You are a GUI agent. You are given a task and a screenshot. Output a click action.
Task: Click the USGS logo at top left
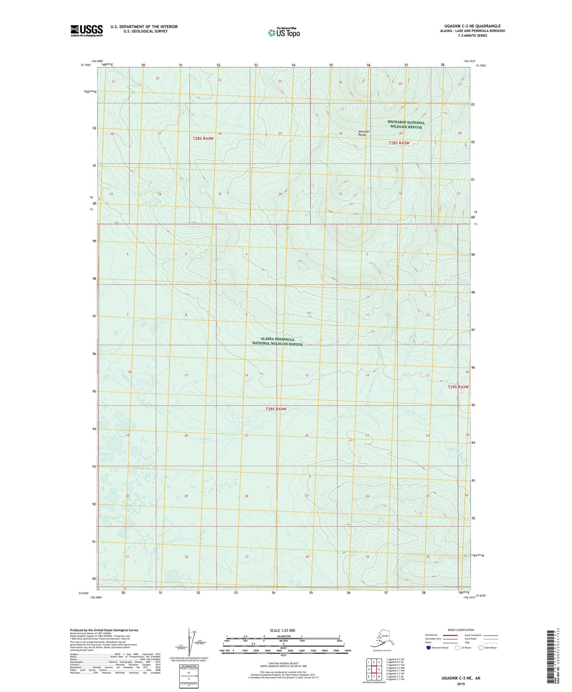[87, 31]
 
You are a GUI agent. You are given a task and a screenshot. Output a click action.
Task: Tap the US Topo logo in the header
[284, 32]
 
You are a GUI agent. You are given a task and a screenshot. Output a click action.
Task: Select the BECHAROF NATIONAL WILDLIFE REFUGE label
[406, 124]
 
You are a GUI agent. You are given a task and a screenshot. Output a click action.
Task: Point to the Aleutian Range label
[364, 133]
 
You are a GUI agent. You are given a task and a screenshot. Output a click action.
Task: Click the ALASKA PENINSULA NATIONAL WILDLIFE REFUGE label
[277, 341]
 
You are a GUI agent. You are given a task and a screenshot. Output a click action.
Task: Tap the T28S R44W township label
[203, 139]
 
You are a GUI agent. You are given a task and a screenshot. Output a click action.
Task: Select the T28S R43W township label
[398, 143]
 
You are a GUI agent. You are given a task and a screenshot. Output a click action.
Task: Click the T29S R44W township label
[275, 409]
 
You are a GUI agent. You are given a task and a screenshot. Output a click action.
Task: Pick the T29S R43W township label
[458, 387]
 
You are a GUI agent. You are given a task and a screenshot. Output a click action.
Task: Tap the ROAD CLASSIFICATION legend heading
[461, 630]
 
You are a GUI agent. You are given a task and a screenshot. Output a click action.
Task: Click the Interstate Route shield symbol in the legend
[429, 647]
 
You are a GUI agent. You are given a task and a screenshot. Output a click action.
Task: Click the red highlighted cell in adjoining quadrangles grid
[374, 669]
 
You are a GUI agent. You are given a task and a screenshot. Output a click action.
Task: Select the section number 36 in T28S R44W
[280, 194]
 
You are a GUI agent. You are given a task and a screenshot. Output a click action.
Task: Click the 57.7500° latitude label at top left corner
[86, 65]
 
